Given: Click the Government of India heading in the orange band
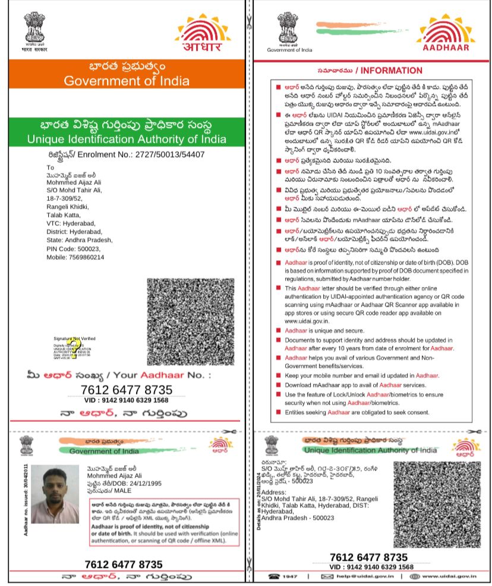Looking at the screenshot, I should pos(127,81).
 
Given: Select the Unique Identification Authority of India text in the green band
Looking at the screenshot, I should pos(127,140).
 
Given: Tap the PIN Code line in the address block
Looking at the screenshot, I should pos(65,249).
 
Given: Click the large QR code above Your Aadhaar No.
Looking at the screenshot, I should pos(190,321).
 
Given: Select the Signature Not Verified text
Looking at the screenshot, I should pos(74,338).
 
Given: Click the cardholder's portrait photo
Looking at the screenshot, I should pos(55,494).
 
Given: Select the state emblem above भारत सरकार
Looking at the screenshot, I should pos(34,27).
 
